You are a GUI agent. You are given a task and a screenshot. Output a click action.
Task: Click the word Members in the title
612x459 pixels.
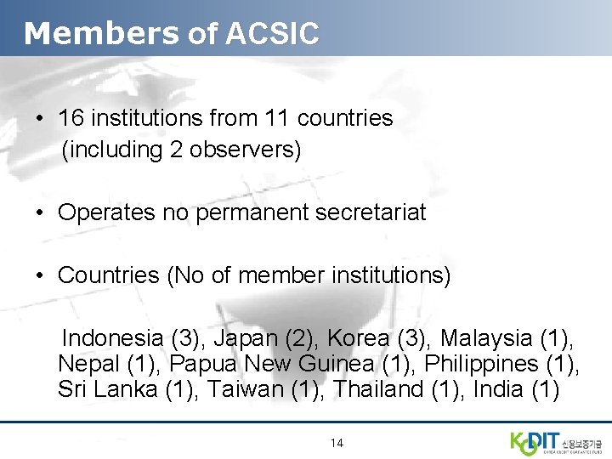click(x=101, y=33)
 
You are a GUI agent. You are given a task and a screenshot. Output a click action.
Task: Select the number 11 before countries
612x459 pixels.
click(x=277, y=118)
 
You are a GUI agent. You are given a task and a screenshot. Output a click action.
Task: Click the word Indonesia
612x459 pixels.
click(x=114, y=338)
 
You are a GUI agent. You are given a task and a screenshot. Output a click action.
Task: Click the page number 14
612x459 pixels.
click(x=337, y=443)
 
